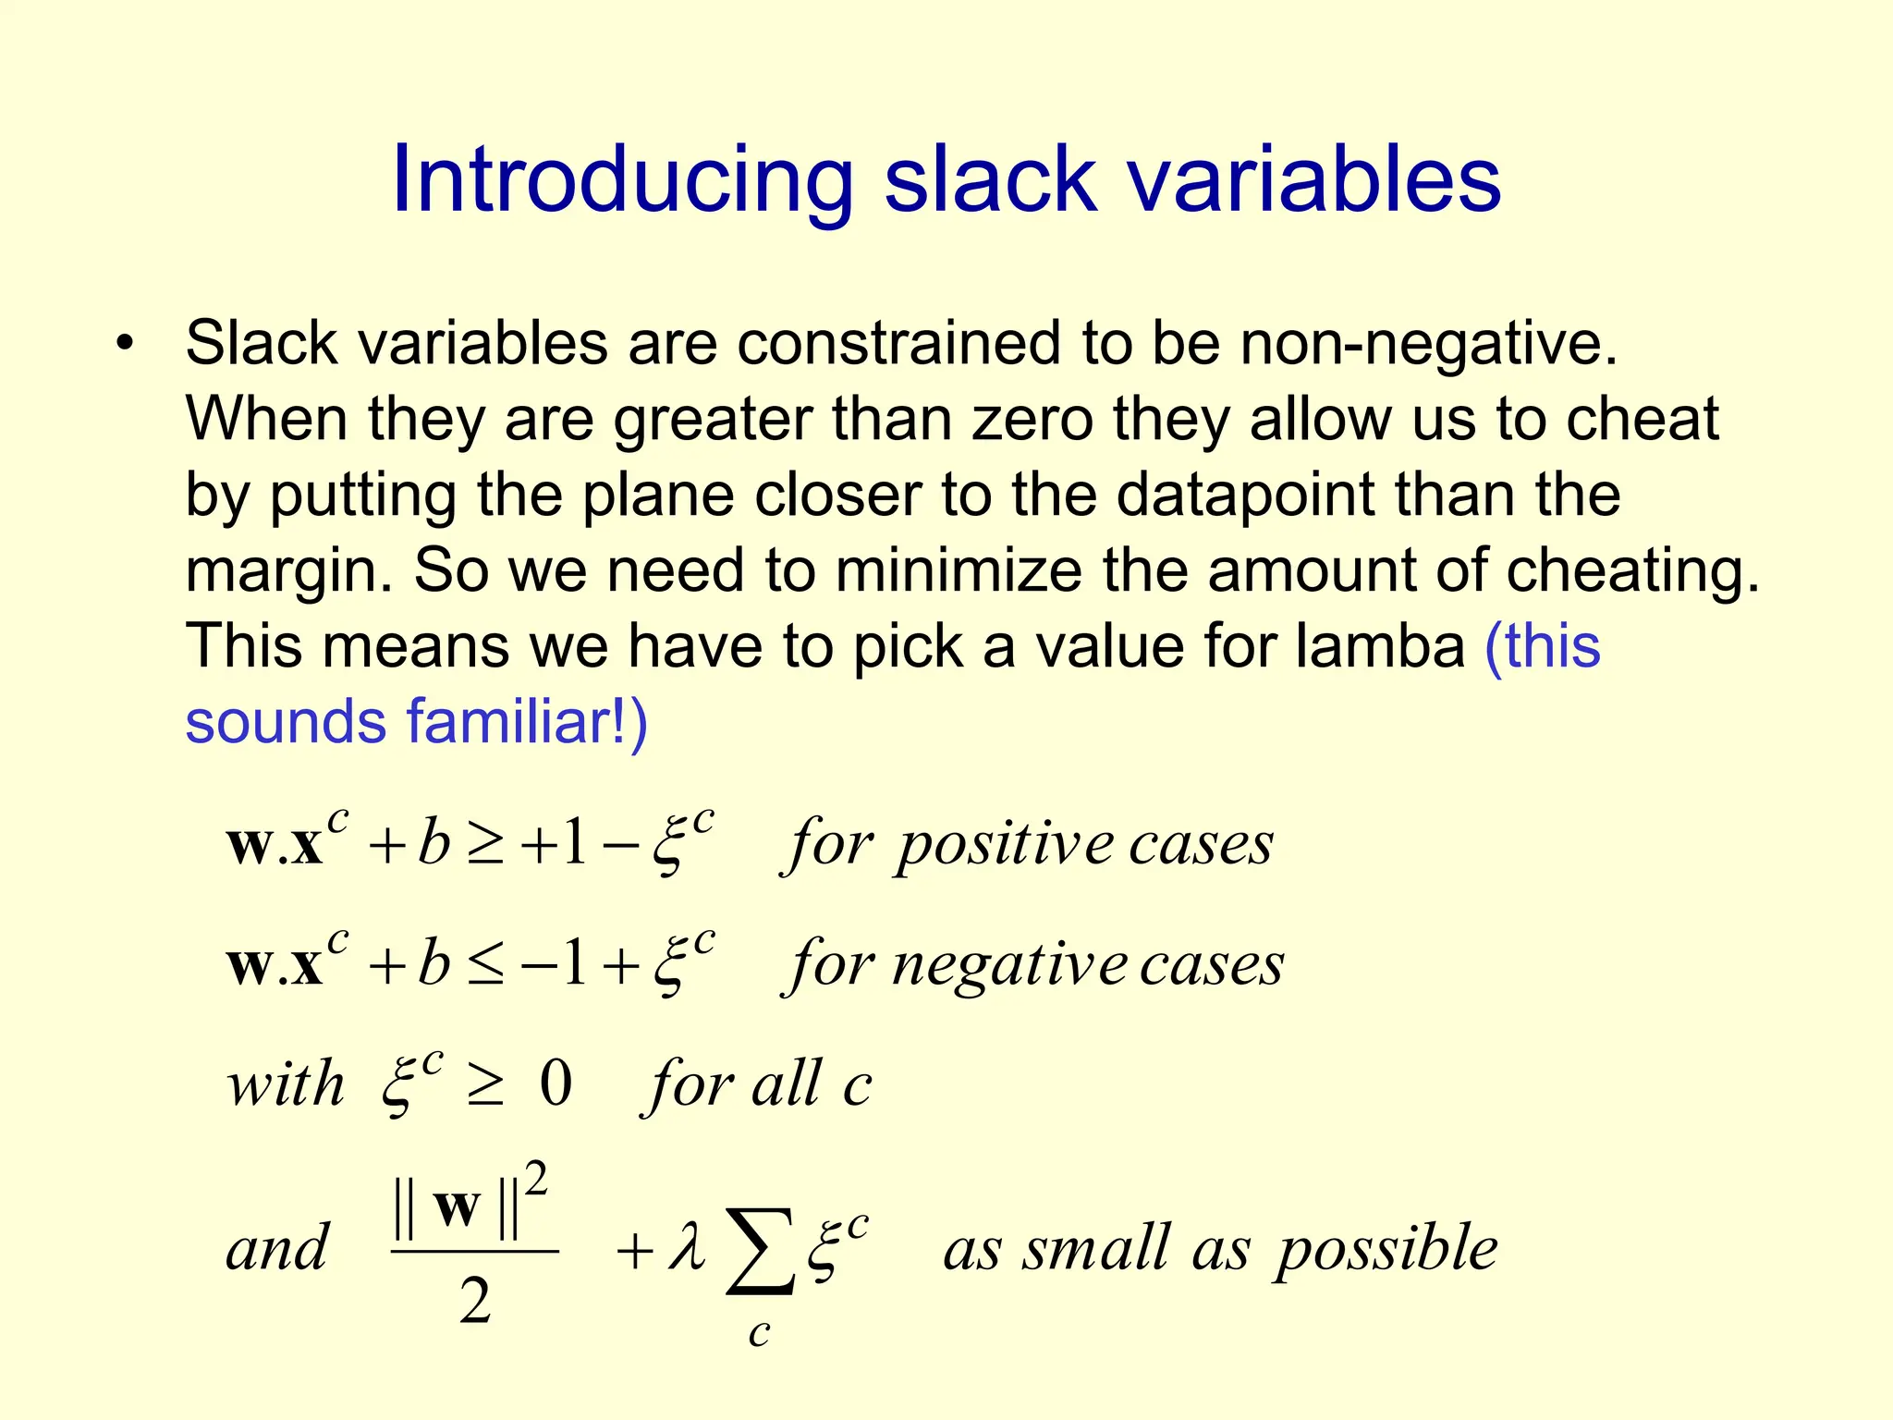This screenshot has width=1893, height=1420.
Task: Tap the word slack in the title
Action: pyautogui.click(x=990, y=180)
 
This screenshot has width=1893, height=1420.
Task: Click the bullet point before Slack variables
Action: pyautogui.click(x=126, y=344)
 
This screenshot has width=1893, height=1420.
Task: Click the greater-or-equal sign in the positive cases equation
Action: pyautogui.click(x=485, y=845)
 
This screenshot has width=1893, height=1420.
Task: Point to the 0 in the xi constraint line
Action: pyautogui.click(x=556, y=1083)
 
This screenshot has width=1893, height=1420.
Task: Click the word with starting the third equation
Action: pyautogui.click(x=286, y=1083)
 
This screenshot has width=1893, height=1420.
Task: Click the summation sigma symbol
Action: pyautogui.click(x=760, y=1251)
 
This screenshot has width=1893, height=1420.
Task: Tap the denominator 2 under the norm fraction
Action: pyautogui.click(x=475, y=1302)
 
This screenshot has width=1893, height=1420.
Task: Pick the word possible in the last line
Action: pyautogui.click(x=1386, y=1250)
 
